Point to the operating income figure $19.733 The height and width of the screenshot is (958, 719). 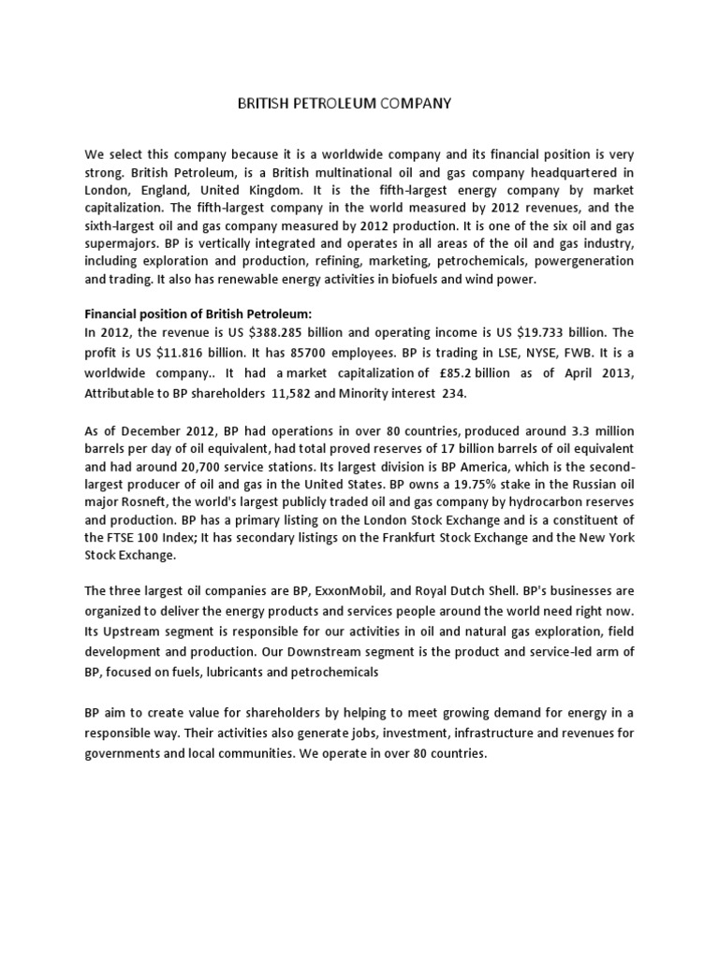552,332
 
